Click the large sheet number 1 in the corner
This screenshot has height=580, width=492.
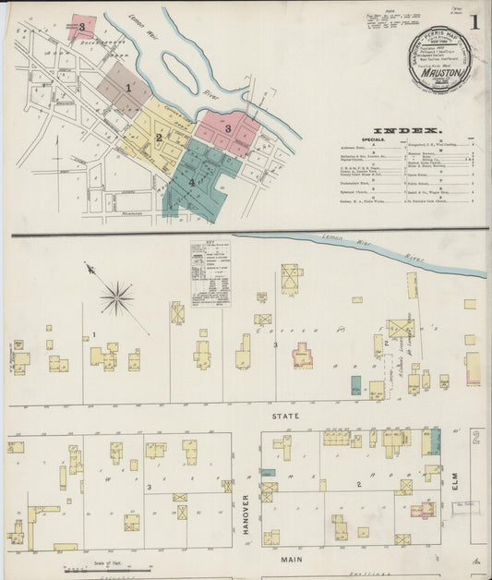[474, 21]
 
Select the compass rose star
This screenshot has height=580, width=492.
[117, 297]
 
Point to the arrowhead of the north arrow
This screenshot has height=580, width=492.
[88, 268]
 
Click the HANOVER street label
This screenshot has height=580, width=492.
[246, 514]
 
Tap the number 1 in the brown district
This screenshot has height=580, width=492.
[129, 88]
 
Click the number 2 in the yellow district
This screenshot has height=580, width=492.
[159, 138]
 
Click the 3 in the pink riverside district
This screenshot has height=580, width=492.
[227, 128]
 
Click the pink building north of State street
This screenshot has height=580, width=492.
[303, 356]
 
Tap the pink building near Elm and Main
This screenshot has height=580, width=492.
[422, 509]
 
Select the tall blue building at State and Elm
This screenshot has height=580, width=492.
[435, 441]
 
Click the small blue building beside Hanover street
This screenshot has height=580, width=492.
[268, 473]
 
